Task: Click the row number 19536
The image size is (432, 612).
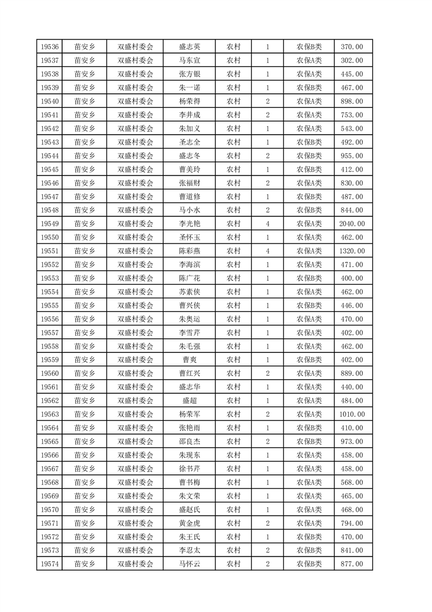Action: pos(50,47)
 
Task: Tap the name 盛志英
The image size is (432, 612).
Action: pos(189,47)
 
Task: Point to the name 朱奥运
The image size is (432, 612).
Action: pos(189,319)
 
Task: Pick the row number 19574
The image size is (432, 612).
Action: pos(50,564)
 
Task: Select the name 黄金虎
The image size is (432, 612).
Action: pos(189,523)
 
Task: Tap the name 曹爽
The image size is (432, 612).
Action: pos(189,360)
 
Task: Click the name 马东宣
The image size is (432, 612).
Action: pos(189,61)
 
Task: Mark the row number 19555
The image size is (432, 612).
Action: pos(50,305)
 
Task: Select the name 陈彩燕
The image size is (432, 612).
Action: pos(189,251)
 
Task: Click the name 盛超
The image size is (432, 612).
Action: pos(189,401)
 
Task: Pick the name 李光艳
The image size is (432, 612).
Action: pos(189,224)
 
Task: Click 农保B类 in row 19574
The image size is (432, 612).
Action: pos(309,564)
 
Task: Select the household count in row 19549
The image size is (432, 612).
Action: pos(267,224)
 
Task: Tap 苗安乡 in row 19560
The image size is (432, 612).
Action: pos(84,374)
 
